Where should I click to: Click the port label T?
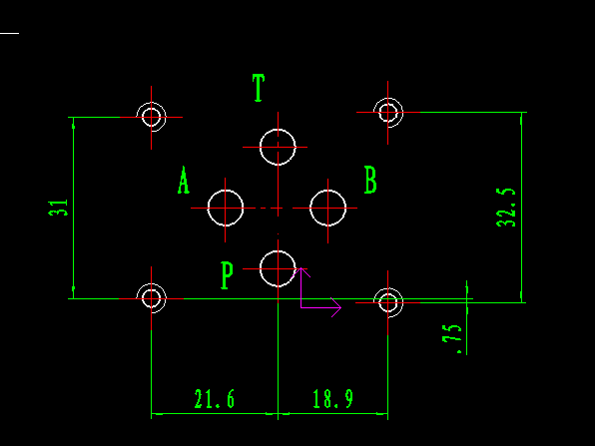click(x=259, y=88)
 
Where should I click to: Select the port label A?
click(x=184, y=180)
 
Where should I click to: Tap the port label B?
click(x=370, y=180)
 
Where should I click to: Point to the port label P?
click(x=227, y=275)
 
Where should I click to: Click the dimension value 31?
click(x=58, y=208)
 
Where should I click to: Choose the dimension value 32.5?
click(x=506, y=208)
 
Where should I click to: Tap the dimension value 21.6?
click(x=215, y=399)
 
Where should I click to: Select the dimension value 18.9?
click(x=332, y=399)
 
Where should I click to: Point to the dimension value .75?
click(x=452, y=338)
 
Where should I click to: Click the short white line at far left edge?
click(x=10, y=33)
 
